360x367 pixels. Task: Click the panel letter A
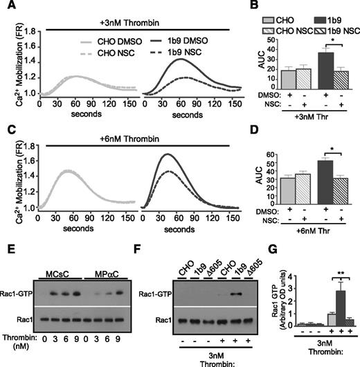(7, 6)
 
